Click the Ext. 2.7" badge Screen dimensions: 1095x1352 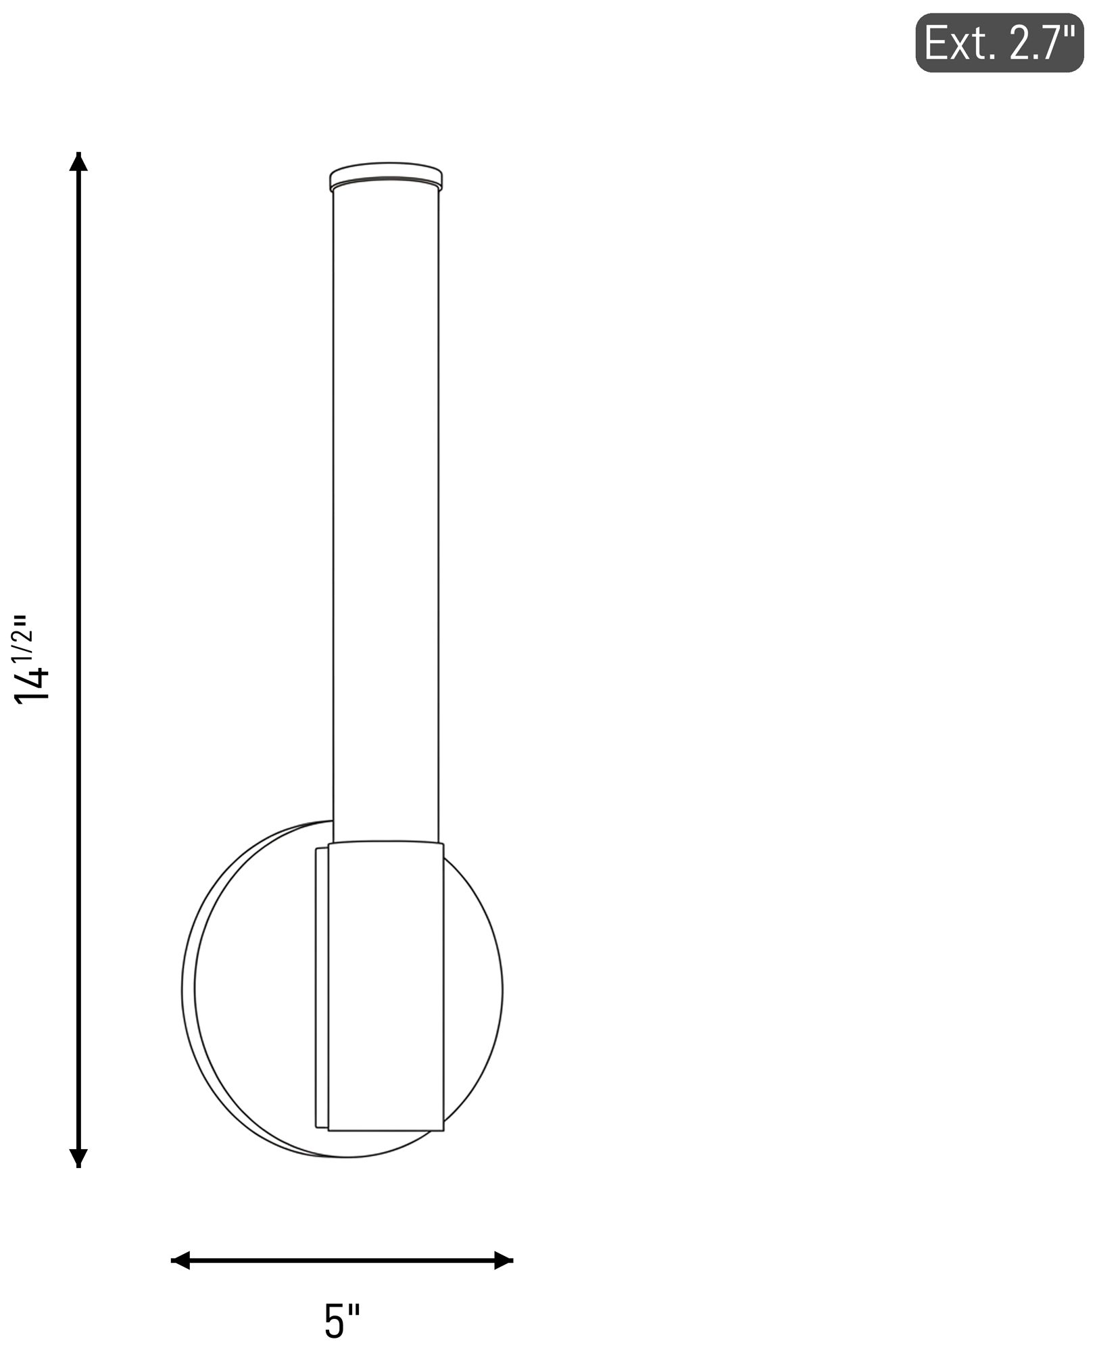[999, 43]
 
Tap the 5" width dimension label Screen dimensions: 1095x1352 [342, 1322]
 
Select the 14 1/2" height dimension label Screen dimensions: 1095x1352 [32, 659]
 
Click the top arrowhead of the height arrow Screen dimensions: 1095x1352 [79, 162]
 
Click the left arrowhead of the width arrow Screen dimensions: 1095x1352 [180, 1260]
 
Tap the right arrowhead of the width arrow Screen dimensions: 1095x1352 [504, 1260]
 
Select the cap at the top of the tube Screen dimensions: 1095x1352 [386, 176]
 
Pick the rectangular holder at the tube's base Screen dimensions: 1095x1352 [386, 986]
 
